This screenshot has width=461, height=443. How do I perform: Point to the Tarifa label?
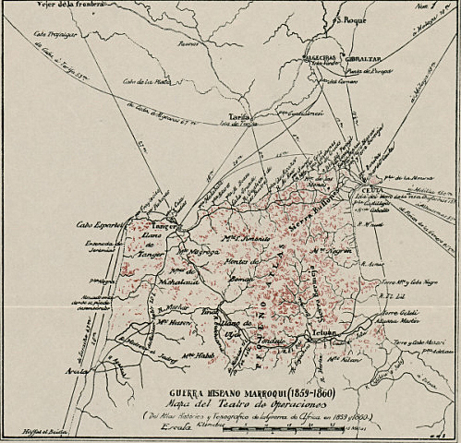click(x=240, y=117)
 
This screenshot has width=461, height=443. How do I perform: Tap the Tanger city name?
click(x=164, y=226)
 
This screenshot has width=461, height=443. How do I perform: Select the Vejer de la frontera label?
click(x=57, y=6)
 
